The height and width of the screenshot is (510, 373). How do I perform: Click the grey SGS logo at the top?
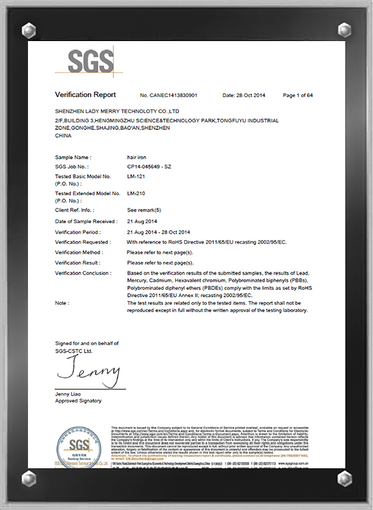91,62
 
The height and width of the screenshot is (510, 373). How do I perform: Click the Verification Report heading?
85,95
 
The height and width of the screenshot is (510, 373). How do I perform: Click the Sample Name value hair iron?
137,158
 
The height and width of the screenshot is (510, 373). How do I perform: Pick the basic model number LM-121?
136,177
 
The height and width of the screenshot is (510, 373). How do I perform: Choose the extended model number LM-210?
136,194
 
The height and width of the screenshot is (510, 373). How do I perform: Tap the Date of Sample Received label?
86,221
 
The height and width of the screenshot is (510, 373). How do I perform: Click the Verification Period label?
78,232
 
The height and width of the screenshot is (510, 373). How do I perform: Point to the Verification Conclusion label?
83,273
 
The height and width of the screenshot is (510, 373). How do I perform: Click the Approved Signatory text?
78,401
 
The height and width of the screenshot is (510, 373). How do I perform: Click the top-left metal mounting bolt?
29,29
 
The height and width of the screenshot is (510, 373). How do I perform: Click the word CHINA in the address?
63,134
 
